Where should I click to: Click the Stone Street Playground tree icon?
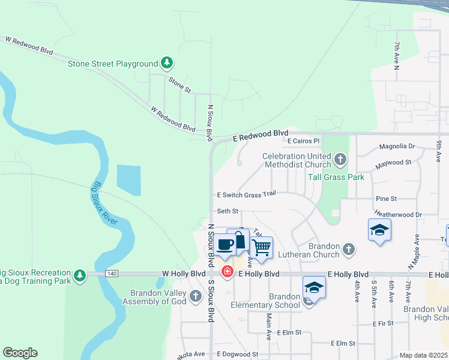tap(167, 63)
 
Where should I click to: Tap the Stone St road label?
tap(179, 85)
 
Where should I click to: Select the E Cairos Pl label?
tap(304, 141)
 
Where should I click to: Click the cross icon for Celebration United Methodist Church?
tap(340, 160)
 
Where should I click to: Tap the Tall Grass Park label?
tap(336, 177)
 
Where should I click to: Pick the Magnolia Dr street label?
tap(397, 146)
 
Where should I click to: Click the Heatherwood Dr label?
tap(398, 214)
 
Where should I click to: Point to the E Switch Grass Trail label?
tap(246, 194)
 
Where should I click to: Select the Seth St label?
tap(228, 211)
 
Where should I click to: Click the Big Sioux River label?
tap(104, 203)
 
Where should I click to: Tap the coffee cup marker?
tap(226, 245)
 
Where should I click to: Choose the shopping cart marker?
tap(261, 247)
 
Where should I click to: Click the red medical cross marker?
tap(228, 272)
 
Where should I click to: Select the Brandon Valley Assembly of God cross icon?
tap(195, 295)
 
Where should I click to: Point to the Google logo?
tap(20, 353)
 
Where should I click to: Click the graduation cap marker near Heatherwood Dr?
tap(379, 230)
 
